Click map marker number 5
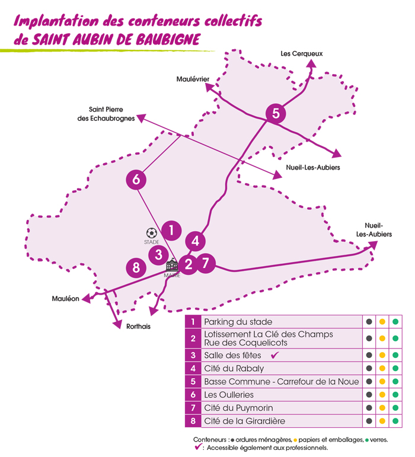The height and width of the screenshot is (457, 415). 276,113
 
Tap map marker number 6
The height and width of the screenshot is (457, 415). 136,180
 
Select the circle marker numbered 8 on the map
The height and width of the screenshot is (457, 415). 136,268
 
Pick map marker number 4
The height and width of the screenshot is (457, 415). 195,241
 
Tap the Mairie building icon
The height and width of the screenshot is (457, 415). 172,266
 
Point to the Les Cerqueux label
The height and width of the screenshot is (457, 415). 302,54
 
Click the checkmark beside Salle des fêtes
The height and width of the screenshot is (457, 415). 274,355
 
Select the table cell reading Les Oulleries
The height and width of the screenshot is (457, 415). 228,395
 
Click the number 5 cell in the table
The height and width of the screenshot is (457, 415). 193,382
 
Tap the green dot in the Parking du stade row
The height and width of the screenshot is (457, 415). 395,321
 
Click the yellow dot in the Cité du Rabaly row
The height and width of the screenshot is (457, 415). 382,368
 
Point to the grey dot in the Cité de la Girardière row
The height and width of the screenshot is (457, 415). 369,421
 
